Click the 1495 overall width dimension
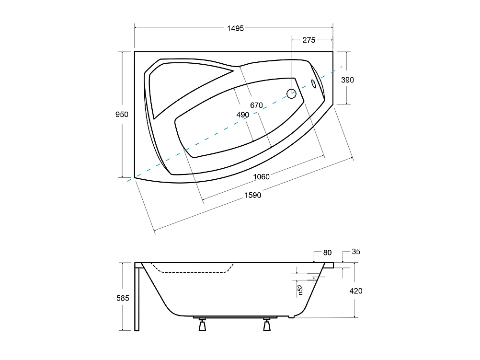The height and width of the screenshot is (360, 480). tap(235, 28)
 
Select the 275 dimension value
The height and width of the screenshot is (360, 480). tap(309, 40)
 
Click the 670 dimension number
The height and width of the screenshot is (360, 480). tap(257, 105)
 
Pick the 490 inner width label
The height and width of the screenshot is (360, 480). tap(243, 115)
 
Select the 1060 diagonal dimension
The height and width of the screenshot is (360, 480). tap(261, 176)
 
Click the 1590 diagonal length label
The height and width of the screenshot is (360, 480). tap(253, 195)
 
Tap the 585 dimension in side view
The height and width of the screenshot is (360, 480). tap(123, 298)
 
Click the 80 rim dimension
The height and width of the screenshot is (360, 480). tap(328, 253)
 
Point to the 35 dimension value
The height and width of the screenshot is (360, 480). tap(355, 251)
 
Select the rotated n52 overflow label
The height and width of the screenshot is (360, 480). tap(300, 289)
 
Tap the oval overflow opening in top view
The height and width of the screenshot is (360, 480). tap(314, 84)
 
